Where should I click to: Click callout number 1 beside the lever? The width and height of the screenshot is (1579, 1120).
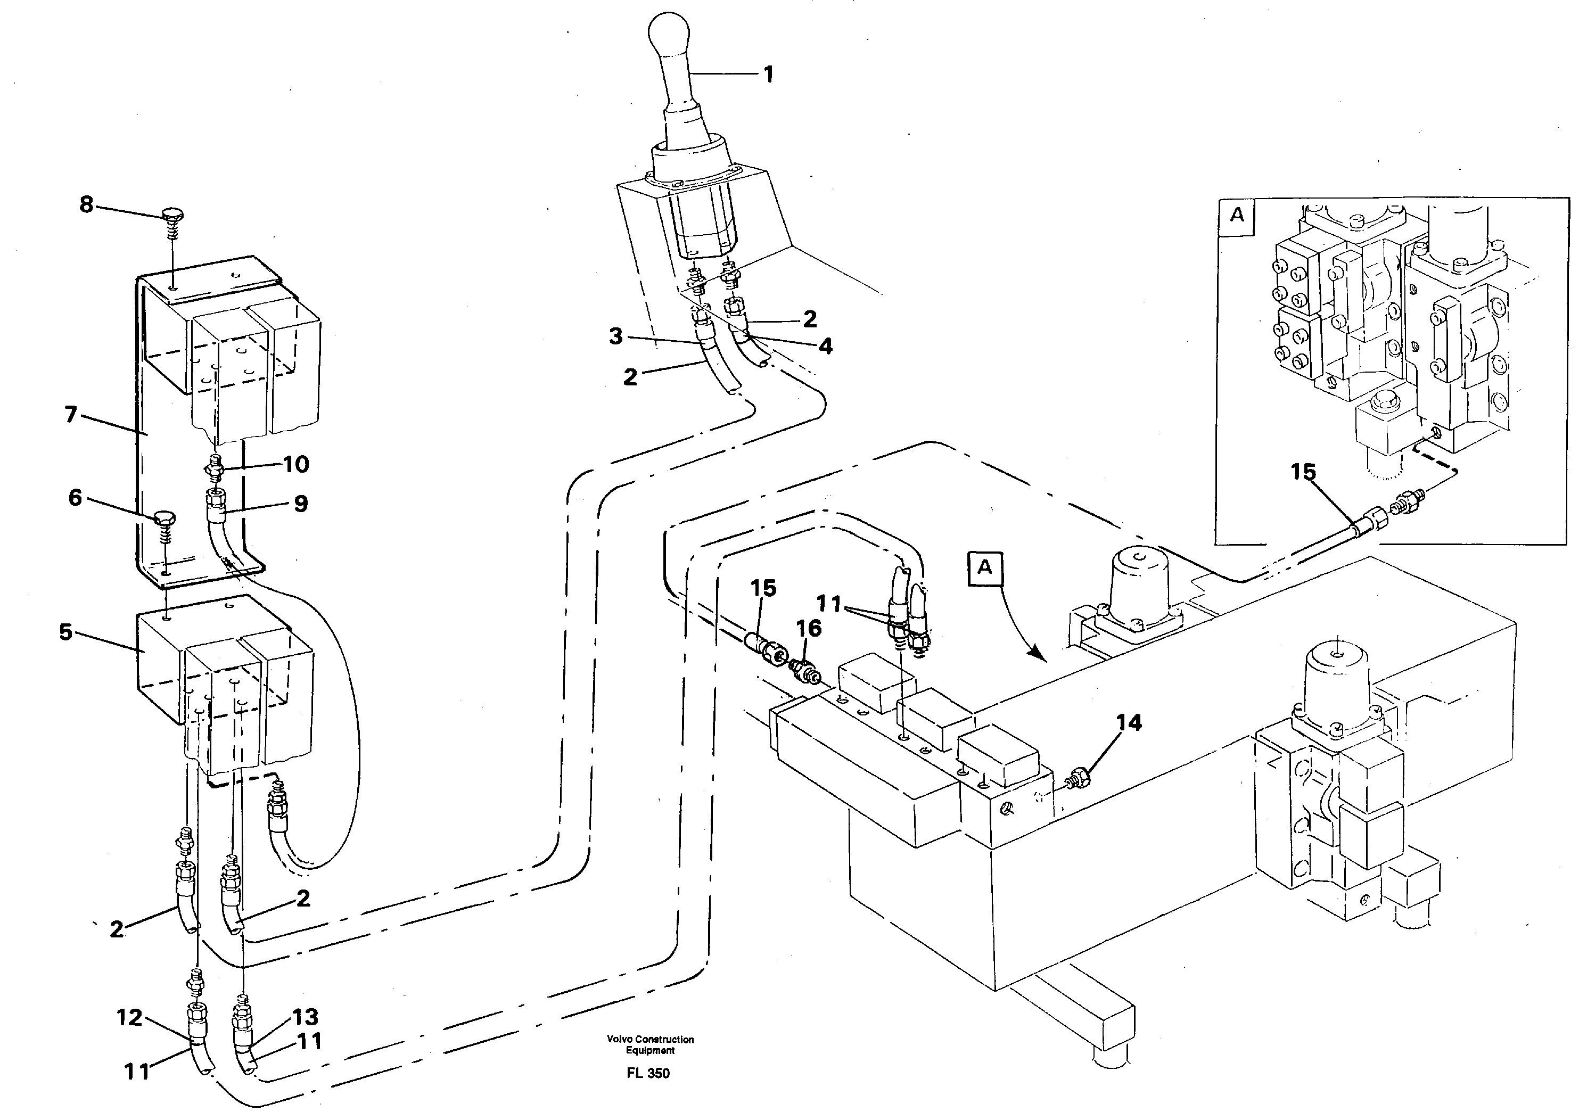pos(768,75)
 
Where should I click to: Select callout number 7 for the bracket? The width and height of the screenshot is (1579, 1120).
pos(70,415)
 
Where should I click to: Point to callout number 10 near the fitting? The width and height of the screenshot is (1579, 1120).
pos(296,464)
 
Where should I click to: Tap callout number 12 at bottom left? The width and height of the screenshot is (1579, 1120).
pos(129,1017)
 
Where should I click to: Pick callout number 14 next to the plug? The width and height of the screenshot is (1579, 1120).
pos(1129,723)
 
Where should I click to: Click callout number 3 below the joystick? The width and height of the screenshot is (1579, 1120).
pos(616,336)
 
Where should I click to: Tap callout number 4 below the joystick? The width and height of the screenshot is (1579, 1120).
pos(825,346)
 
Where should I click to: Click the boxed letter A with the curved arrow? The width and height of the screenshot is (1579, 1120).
pos(985,567)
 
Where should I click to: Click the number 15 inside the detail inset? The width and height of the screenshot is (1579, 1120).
pos(1303,472)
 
